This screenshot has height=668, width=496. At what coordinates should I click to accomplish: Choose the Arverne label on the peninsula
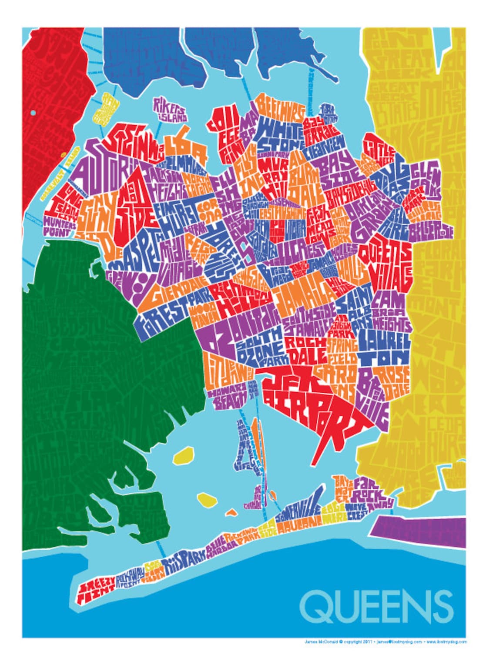(x=300, y=524)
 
